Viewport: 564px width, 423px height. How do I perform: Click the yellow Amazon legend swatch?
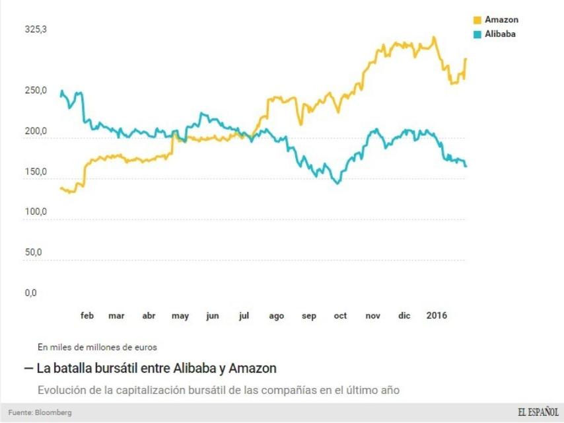478,20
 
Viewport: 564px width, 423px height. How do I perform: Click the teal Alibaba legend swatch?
478,34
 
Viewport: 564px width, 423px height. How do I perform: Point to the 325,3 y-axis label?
36,30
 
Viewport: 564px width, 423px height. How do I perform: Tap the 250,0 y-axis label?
36,91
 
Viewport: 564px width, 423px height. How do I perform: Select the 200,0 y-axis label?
36,132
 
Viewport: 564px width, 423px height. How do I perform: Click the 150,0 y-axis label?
36,173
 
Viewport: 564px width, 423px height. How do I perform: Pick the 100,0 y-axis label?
36,212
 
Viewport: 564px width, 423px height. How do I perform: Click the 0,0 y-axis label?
31,293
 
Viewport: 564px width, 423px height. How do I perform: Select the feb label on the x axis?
87,316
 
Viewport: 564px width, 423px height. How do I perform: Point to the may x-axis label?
180,316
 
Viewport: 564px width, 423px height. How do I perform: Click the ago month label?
277,316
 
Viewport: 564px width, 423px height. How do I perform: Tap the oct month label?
340,316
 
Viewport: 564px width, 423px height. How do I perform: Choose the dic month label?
404,316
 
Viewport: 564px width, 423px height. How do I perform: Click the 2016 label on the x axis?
437,315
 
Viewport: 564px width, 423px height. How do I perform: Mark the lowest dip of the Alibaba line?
337,183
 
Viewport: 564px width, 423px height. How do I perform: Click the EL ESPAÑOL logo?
538,412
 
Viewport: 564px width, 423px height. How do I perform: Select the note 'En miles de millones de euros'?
97,346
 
